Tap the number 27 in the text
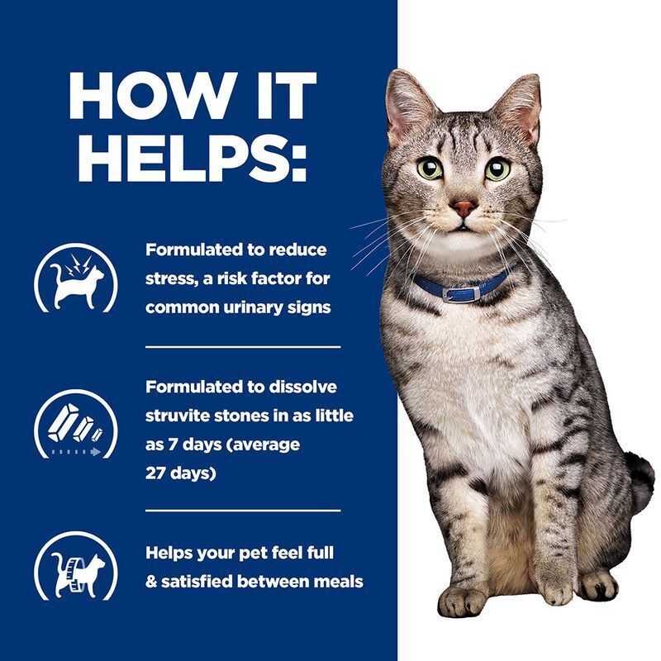158,474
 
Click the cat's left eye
497,169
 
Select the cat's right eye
430,169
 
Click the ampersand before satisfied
151,582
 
